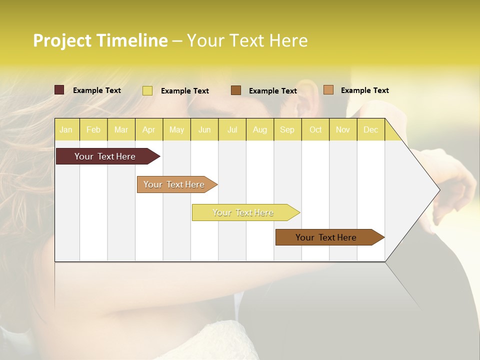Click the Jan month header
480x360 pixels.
click(x=66, y=129)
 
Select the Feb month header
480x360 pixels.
click(x=93, y=129)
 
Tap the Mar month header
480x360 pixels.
click(x=121, y=129)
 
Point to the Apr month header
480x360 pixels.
click(x=149, y=129)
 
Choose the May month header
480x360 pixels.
click(x=176, y=129)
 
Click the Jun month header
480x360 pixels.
click(x=204, y=129)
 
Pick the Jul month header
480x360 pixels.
click(x=232, y=129)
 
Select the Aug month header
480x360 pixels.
click(x=260, y=129)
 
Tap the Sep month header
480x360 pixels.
click(x=287, y=129)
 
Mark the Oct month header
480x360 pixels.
click(x=315, y=129)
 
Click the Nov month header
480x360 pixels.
click(x=343, y=129)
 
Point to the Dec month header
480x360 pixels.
click(x=371, y=129)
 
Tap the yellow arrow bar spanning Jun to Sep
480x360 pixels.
click(x=243, y=212)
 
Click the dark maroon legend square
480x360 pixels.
click(x=59, y=90)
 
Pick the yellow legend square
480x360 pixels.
click(x=147, y=90)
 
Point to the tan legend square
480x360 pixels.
click(x=328, y=90)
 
